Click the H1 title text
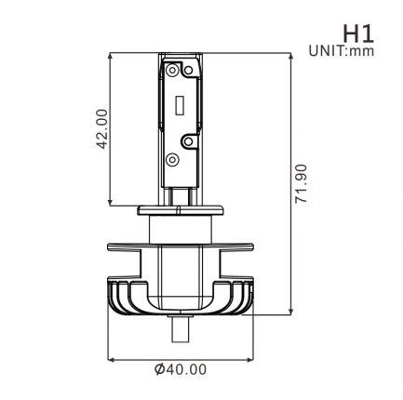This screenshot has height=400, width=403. (x=358, y=33)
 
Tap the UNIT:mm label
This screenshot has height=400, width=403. (x=342, y=51)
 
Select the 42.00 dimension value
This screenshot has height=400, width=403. (x=102, y=129)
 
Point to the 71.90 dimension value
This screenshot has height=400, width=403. (x=301, y=183)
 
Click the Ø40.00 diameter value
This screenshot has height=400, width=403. (x=181, y=369)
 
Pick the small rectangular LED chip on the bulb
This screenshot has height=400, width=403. (x=180, y=105)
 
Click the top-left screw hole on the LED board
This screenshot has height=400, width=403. (x=172, y=70)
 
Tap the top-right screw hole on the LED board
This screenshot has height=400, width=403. (x=188, y=71)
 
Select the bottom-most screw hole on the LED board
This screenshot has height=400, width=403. (x=172, y=160)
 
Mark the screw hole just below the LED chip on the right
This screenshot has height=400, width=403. (x=188, y=141)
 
